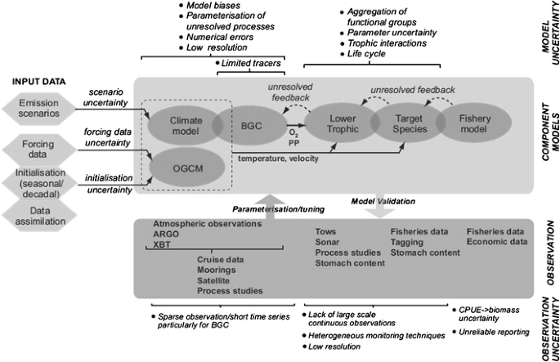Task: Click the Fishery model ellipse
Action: point(472,124)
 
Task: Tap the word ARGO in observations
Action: point(166,235)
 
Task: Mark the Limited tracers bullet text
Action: point(249,63)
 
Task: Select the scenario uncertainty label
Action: point(109,97)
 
